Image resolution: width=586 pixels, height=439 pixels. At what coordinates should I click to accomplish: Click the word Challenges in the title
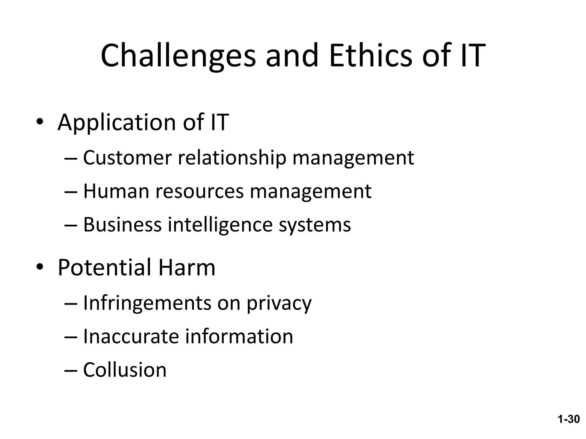(x=178, y=56)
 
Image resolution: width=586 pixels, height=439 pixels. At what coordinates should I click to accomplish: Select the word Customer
(x=127, y=158)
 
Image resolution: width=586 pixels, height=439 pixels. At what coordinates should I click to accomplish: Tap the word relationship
(x=232, y=158)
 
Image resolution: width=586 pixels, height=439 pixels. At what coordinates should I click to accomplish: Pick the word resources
(x=199, y=191)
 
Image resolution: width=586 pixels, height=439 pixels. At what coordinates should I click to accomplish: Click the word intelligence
(x=220, y=225)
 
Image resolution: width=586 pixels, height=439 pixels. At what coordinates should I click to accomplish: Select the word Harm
(x=187, y=268)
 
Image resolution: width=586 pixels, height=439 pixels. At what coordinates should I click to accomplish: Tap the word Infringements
(x=147, y=303)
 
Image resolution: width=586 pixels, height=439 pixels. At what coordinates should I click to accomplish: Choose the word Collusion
(x=125, y=370)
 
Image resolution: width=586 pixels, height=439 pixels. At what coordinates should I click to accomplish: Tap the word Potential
(x=104, y=268)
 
